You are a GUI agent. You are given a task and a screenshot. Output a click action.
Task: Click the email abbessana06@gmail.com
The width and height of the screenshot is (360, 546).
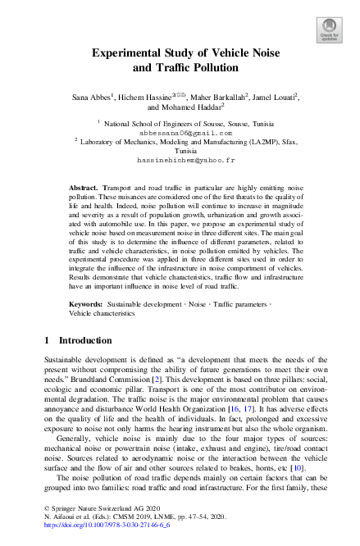click(x=180, y=130)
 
